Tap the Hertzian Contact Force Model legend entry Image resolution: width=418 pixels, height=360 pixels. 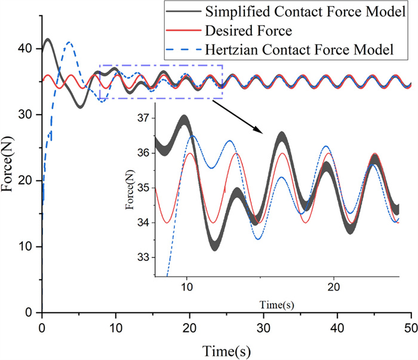click(x=299, y=50)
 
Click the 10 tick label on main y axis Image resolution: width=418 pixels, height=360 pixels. click(x=26, y=247)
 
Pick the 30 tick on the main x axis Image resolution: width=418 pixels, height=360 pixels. click(x=264, y=328)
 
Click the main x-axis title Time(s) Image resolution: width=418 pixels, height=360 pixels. click(x=226, y=349)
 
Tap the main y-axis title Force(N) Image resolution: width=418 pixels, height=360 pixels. click(x=10, y=180)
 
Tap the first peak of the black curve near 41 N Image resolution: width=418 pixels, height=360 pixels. click(x=47, y=41)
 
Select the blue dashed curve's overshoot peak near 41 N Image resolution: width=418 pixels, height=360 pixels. click(x=70, y=42)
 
